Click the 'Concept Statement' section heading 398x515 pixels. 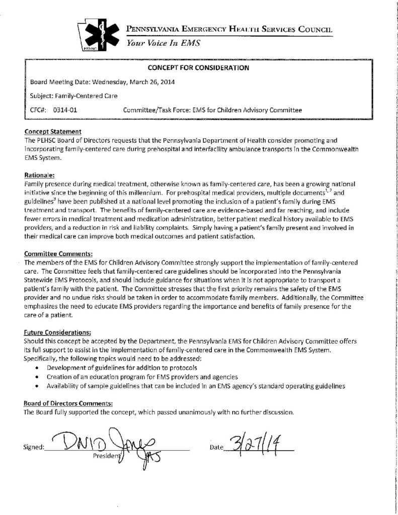point(49,130)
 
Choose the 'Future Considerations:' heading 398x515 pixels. point(57,332)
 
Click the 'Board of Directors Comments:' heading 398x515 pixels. point(68,403)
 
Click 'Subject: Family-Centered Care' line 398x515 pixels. point(72,95)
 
